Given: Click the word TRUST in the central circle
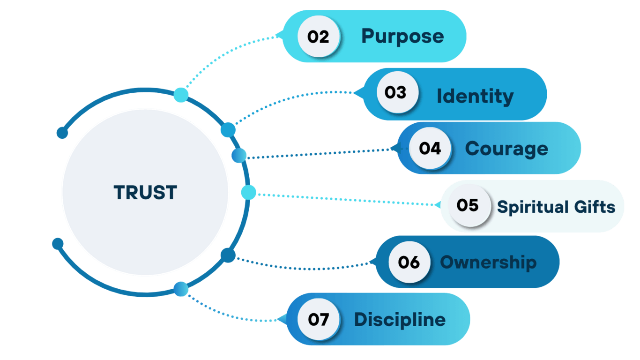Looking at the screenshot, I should [145, 193].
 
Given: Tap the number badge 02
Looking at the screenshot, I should [319, 37].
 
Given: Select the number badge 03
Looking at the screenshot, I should [396, 92].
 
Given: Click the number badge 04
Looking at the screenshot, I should [430, 148].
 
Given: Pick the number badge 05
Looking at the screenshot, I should [468, 205].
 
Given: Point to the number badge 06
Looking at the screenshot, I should [409, 262].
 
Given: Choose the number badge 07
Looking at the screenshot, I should [319, 319].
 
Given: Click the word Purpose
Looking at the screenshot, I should [402, 37].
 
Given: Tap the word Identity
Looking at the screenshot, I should [475, 96].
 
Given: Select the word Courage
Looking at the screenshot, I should [506, 149].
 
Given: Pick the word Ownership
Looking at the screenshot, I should [488, 262].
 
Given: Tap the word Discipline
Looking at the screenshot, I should [400, 320].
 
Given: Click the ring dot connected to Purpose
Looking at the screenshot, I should [181, 95].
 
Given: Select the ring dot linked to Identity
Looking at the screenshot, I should [228, 129].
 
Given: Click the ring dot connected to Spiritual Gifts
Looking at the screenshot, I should [248, 192].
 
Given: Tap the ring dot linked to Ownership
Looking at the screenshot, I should [228, 255].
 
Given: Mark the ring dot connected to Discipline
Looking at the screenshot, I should [181, 289].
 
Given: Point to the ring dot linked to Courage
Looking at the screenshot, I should [239, 156].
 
